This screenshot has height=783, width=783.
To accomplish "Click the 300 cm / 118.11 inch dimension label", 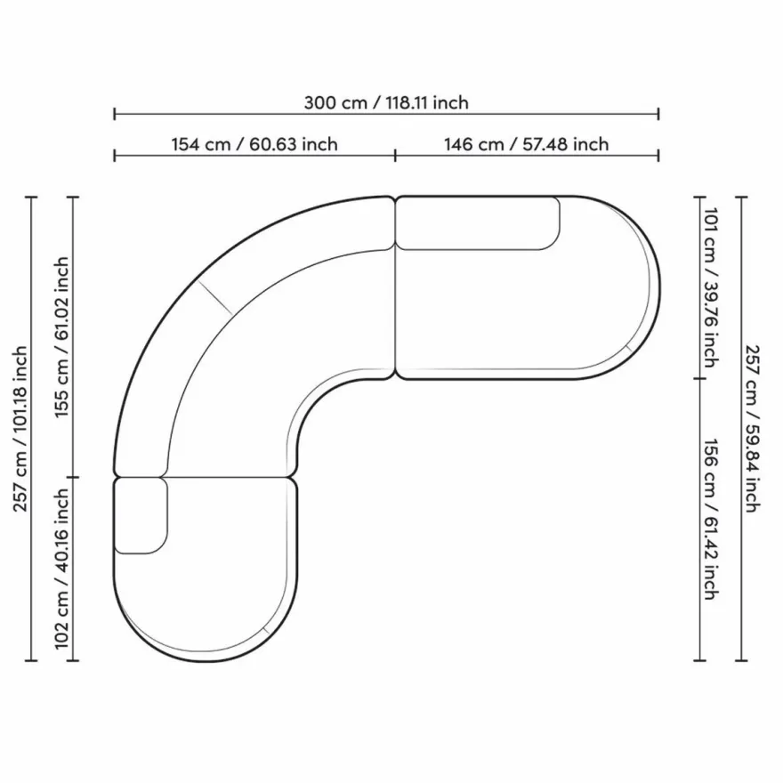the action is click(386, 103).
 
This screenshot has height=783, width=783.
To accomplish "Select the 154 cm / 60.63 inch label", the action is click(254, 144).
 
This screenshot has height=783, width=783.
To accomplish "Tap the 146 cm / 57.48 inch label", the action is click(527, 144).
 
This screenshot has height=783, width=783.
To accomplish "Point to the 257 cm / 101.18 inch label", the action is click(20, 429).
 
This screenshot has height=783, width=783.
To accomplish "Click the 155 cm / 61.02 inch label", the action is click(61, 337).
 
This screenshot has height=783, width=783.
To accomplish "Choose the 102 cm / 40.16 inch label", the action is click(61, 569).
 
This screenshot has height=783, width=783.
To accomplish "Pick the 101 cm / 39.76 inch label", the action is click(711, 287).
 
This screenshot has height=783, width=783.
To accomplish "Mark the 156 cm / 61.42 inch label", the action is click(711, 520).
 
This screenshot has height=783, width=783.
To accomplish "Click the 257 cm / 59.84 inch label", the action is click(752, 429).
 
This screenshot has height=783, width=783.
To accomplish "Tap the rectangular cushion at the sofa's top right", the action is click(478, 223).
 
